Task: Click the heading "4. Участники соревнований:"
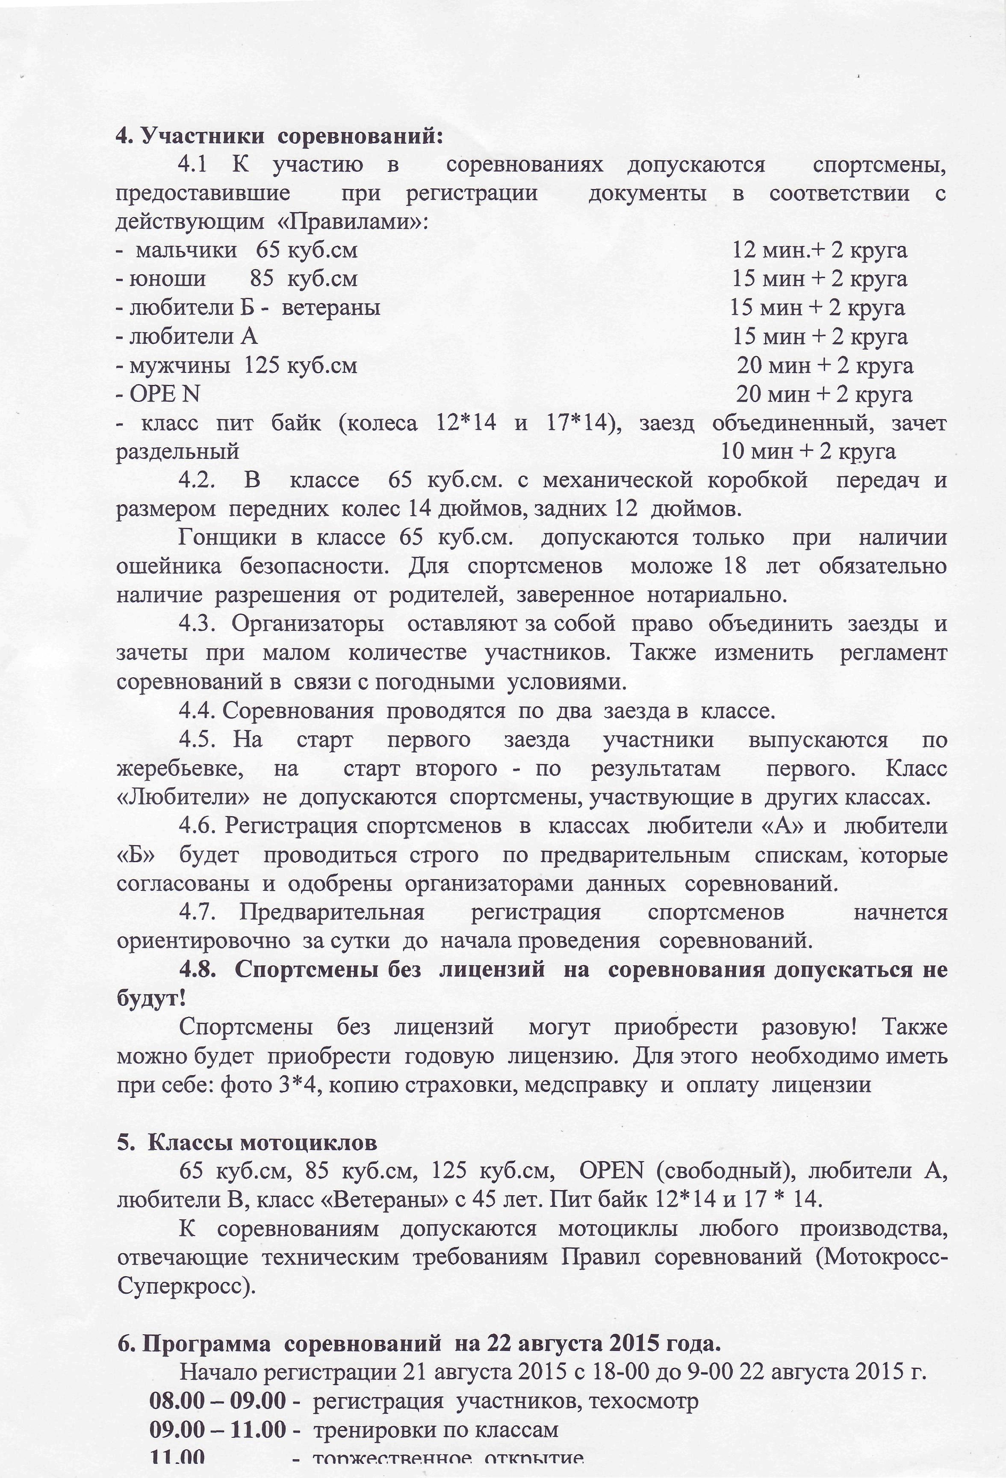tap(278, 136)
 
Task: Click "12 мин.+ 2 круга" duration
tap(820, 250)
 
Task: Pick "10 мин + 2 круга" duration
tap(808, 452)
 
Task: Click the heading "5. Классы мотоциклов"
tap(247, 1142)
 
